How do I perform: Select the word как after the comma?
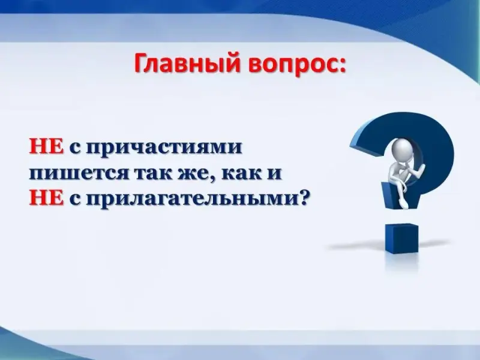[242, 173]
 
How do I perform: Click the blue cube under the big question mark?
[401, 238]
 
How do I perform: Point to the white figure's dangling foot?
[403, 203]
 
